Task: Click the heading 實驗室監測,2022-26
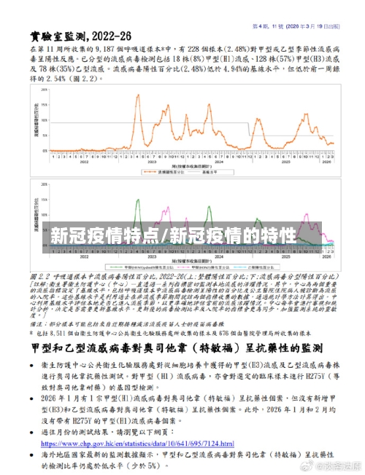(81, 35)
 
